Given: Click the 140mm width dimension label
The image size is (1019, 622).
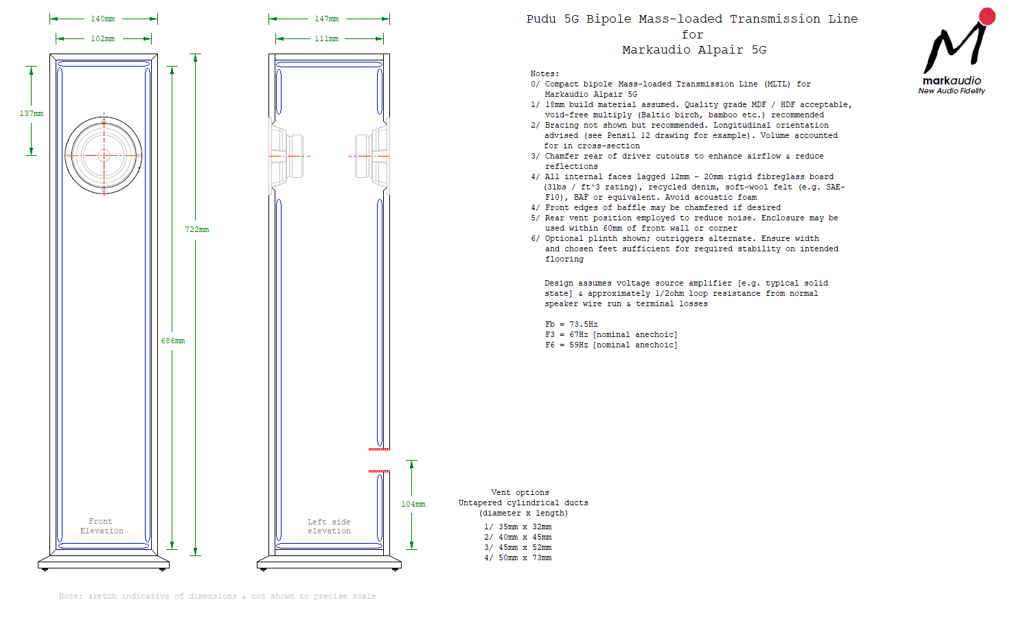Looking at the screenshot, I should (103, 19).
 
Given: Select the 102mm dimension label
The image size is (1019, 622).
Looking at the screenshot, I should (103, 39).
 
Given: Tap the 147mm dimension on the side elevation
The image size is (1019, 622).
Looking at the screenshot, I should (327, 19).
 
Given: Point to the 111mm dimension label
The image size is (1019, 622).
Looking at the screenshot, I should (327, 39).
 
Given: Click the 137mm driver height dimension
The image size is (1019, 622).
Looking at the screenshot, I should (32, 114).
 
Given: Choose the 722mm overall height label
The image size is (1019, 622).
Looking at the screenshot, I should (197, 230).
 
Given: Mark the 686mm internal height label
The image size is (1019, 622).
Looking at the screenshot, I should (173, 341).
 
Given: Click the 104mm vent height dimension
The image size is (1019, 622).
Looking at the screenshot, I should (413, 505).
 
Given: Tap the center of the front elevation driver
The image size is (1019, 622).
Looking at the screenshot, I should (104, 155).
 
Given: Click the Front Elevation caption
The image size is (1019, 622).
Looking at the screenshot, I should (102, 527).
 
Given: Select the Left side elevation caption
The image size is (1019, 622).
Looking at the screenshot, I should (329, 527).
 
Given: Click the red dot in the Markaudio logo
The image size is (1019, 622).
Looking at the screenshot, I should (987, 16).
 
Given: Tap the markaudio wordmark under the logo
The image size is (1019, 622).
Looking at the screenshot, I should (952, 80).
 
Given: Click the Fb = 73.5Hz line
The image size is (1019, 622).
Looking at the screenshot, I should (571, 325).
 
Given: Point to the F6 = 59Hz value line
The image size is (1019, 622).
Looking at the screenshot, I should (611, 345).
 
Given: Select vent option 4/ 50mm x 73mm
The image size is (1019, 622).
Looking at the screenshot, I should (518, 558).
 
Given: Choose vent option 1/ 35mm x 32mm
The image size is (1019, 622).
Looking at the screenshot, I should (518, 527).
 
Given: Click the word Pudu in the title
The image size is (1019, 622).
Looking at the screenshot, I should (541, 19).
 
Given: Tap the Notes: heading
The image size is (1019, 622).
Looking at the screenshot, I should (545, 73).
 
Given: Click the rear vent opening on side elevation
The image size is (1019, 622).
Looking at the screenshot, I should (380, 461).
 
